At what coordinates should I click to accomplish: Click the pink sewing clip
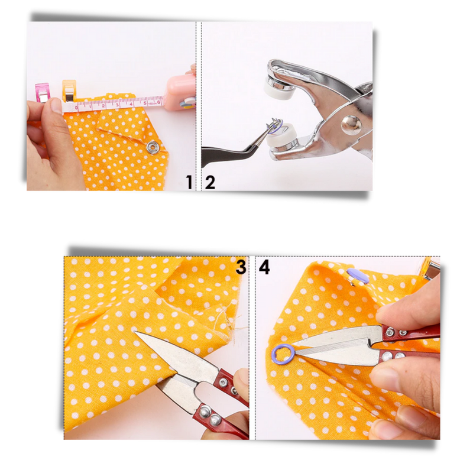43,92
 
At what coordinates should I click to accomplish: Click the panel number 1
189,182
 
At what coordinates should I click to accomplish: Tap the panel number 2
210,182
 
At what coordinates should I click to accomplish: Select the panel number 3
241,267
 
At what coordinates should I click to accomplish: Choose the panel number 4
264,267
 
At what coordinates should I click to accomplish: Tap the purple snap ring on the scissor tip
282,355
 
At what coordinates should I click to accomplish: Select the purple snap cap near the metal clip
357,274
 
